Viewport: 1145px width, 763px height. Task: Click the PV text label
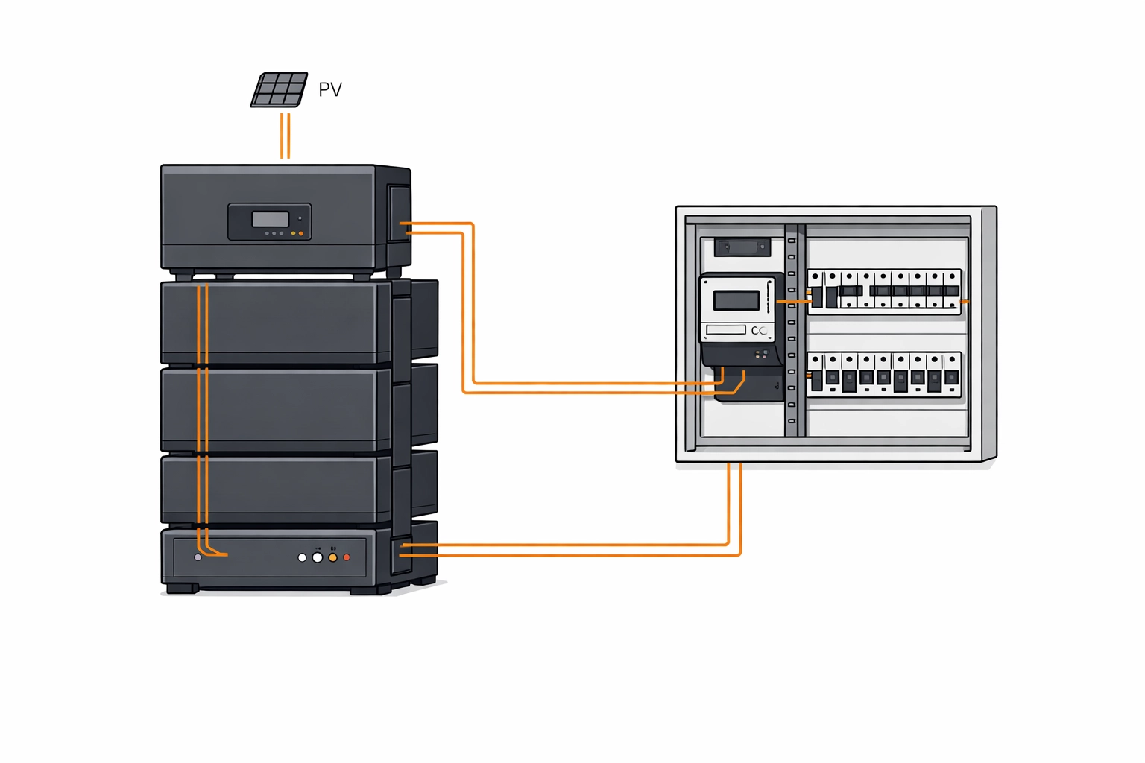click(x=329, y=90)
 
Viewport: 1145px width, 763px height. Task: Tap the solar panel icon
click(x=279, y=90)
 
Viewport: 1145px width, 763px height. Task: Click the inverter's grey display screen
click(x=270, y=219)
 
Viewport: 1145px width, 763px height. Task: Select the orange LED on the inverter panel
click(x=301, y=234)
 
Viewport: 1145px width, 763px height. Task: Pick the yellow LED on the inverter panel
click(x=294, y=234)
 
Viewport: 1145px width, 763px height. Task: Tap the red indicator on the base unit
click(x=347, y=557)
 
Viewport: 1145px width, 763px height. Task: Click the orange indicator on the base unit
click(x=332, y=557)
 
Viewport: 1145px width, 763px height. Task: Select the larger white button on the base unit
click(x=318, y=557)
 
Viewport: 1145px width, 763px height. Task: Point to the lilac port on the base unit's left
click(x=198, y=557)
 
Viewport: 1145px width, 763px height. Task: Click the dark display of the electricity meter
click(x=736, y=300)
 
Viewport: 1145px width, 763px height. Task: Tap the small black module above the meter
click(x=742, y=247)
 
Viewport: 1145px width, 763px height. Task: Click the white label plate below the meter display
click(x=725, y=329)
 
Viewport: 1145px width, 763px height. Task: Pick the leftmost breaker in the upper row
click(x=816, y=291)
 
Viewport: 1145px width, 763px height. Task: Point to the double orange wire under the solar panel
click(x=285, y=136)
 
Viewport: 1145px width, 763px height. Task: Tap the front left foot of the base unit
click(x=182, y=588)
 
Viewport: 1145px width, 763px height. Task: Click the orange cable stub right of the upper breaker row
click(x=965, y=302)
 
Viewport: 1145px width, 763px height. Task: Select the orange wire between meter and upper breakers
click(x=792, y=302)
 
